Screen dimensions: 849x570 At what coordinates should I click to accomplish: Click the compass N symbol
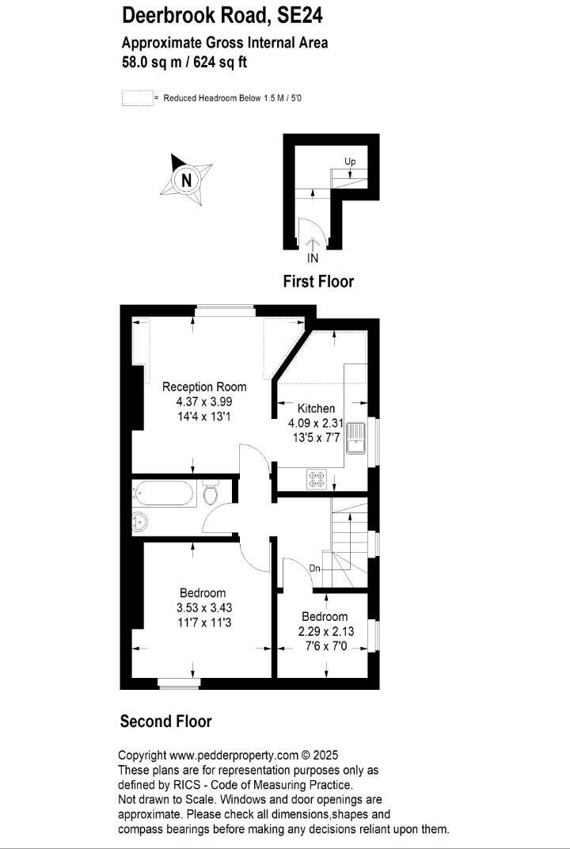click(x=187, y=180)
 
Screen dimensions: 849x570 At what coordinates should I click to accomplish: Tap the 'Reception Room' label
click(x=204, y=387)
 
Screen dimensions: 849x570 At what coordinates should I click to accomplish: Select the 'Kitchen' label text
click(x=316, y=409)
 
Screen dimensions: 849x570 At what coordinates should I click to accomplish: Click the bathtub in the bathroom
click(x=164, y=495)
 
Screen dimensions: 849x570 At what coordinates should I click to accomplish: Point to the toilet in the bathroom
click(x=211, y=494)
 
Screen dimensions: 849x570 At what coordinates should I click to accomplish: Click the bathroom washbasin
click(x=139, y=521)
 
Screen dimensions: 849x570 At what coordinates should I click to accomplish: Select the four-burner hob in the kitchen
click(x=317, y=478)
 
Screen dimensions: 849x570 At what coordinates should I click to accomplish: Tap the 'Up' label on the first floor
click(x=350, y=162)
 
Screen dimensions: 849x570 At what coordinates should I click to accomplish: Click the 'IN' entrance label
click(x=313, y=258)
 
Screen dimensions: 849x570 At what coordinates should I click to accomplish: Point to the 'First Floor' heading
click(x=318, y=281)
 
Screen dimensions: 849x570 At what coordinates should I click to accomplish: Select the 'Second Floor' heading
click(x=165, y=721)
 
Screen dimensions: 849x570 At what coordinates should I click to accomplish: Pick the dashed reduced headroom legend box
click(x=136, y=98)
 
